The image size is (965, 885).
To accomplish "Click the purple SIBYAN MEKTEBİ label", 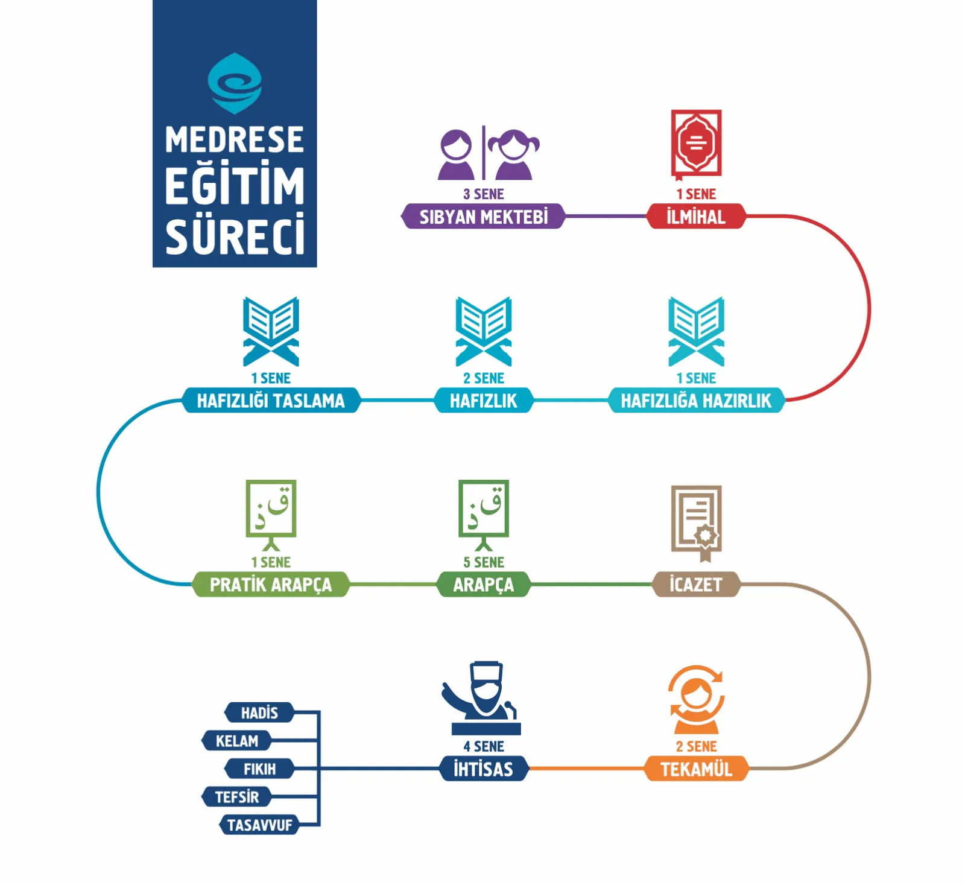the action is point(483,217).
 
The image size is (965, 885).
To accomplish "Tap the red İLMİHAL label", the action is point(696,217).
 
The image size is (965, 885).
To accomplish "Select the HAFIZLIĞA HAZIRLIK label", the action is point(696,401).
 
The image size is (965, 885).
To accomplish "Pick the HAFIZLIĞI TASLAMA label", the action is point(271,401).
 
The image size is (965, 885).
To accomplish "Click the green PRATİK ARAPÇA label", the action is point(271,585).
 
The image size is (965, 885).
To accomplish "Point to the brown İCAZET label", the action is point(696,585).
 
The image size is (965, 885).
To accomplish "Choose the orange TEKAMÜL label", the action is point(696,769).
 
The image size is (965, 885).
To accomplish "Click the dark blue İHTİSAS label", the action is point(484,769).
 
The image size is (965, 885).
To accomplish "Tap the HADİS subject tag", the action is point(259,712).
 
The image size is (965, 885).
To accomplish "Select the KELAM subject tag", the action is point(236,740).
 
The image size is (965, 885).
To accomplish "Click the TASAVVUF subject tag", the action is point(259,825).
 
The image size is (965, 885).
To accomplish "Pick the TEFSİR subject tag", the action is point(236,797).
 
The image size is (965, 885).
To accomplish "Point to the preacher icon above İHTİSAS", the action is point(482,698).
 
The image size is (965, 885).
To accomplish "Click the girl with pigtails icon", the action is point(514,154).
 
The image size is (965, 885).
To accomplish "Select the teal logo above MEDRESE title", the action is point(235,83).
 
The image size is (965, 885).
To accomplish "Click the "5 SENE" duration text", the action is point(484,562).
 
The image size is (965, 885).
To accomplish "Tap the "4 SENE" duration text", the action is point(484,746).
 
